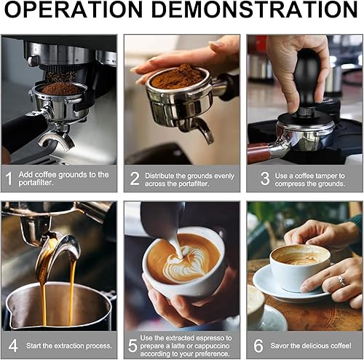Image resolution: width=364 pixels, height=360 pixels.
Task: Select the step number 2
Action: pos(134,179)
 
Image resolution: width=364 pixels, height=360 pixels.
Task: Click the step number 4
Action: pos(13,345)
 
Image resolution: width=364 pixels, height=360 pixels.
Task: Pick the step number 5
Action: pos(132,345)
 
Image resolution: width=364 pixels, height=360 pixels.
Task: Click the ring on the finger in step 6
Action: pos(341,281)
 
